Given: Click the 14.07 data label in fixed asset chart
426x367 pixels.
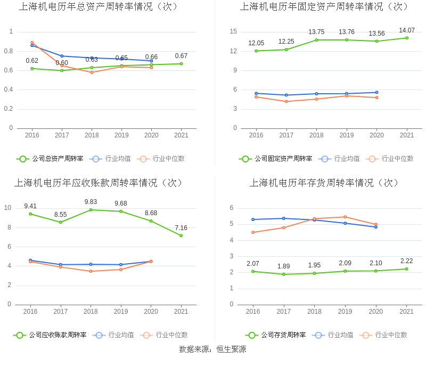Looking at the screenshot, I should [x=407, y=30].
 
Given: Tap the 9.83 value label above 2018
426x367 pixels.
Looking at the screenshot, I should [x=91, y=202].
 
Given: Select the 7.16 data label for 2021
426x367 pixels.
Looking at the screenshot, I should [x=181, y=228].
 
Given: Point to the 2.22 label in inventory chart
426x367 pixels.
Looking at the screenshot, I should [x=407, y=261].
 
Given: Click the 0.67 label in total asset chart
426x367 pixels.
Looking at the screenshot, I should [x=181, y=56].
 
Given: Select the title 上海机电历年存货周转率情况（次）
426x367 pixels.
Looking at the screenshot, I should [x=325, y=183].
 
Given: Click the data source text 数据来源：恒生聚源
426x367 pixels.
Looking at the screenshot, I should [x=212, y=349].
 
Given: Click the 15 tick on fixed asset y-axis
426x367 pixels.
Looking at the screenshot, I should [x=233, y=31].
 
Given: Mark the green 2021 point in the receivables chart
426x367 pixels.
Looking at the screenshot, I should [x=181, y=235].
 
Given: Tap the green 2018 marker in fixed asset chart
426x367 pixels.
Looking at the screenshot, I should [x=316, y=40].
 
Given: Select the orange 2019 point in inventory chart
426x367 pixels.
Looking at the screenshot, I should [x=345, y=217].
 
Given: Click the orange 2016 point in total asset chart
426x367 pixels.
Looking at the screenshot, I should [x=32, y=43].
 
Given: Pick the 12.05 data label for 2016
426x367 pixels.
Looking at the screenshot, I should [x=256, y=43].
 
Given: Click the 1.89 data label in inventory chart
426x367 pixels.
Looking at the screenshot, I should [x=283, y=266].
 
